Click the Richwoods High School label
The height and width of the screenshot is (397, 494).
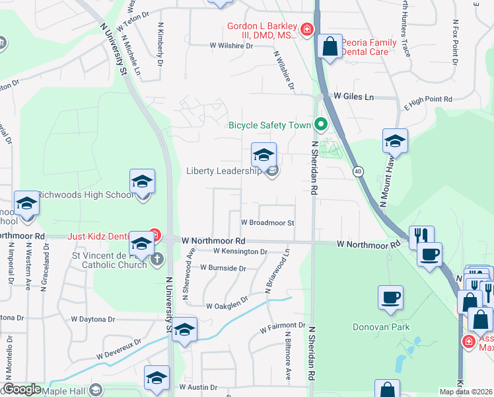85,195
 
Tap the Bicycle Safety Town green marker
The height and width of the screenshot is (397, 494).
321,124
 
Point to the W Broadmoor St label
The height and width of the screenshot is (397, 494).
267,223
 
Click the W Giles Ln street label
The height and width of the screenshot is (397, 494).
353,97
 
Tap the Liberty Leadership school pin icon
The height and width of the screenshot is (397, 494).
264,155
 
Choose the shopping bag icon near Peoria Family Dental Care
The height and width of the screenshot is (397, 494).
330,48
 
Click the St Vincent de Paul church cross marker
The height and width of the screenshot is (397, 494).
157,259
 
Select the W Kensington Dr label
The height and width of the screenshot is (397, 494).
240,251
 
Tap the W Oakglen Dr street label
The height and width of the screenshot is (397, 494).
227,306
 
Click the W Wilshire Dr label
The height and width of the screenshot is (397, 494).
231,46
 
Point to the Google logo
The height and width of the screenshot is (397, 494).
22,389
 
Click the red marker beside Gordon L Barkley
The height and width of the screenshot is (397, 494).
306,29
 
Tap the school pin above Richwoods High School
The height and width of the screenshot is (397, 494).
142,182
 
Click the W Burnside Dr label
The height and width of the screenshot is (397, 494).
225,269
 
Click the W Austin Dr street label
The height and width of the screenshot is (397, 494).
198,387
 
